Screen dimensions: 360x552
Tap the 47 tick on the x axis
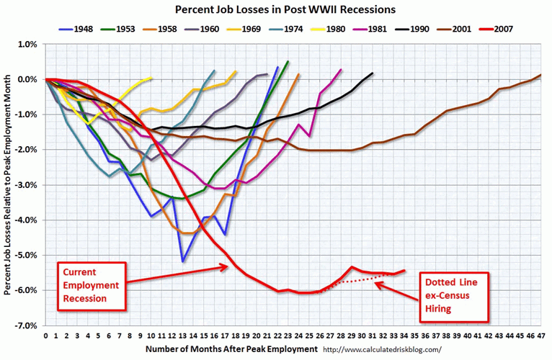click(x=540, y=336)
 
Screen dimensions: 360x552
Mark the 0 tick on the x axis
click(x=45, y=336)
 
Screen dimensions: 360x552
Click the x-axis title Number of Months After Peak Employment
click(x=231, y=348)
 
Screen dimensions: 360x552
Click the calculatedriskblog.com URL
click(x=381, y=349)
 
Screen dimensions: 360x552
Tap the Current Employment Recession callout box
click(x=91, y=284)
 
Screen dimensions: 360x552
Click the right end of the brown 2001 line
click(x=540, y=74)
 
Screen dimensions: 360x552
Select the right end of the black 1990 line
click(x=373, y=73)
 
